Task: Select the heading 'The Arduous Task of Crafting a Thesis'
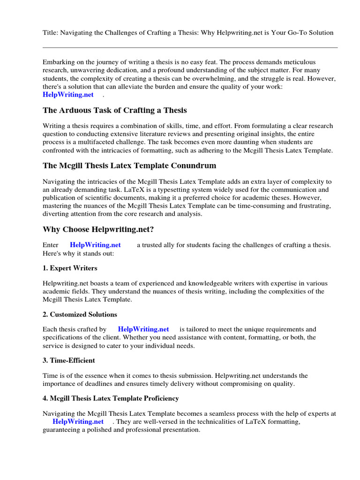pos(115,110)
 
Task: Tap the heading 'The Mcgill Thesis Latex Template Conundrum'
pos(129,165)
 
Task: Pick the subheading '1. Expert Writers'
pos(70,268)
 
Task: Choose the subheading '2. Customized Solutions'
pos(80,314)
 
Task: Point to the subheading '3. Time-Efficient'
pos(69,360)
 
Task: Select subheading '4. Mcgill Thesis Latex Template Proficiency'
pos(111,398)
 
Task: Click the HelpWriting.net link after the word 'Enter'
pos(95,245)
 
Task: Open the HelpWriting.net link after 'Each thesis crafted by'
pos(143,329)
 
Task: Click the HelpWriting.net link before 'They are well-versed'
pos(78,421)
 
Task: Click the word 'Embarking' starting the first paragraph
pos(58,62)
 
